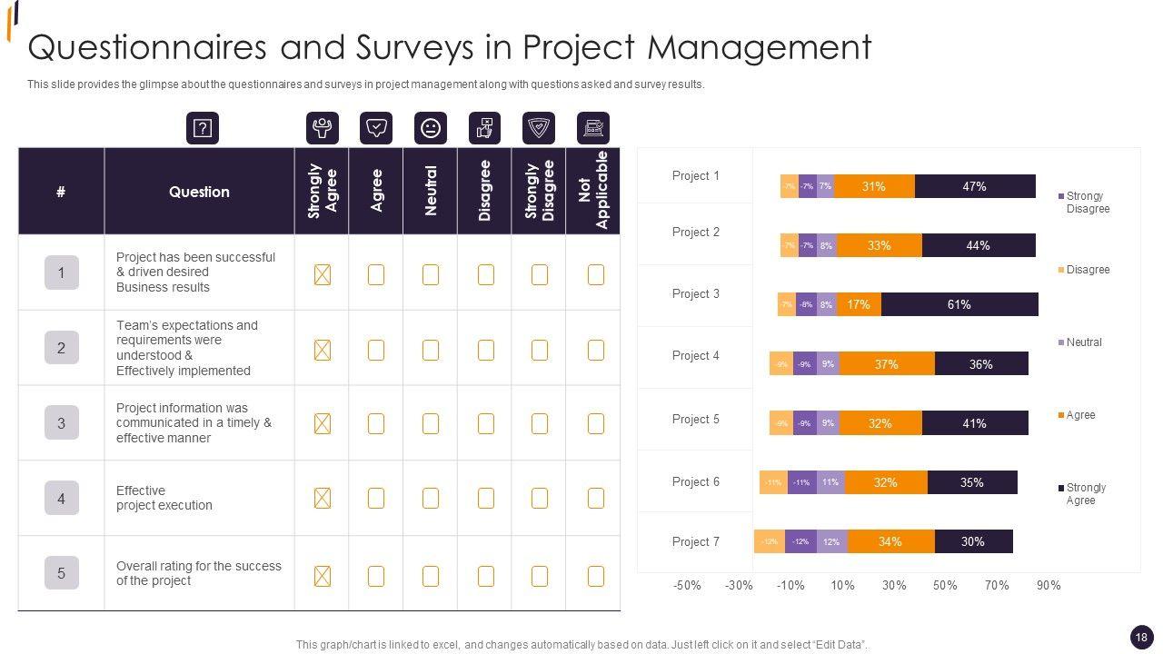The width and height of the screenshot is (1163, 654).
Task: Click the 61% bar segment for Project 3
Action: pyautogui.click(x=959, y=304)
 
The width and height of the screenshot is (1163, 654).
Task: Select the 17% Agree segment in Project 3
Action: pyautogui.click(x=859, y=304)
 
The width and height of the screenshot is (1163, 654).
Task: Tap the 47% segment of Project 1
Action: pyautogui.click(x=974, y=186)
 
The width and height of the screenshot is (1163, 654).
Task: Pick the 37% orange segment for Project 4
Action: pyautogui.click(x=886, y=364)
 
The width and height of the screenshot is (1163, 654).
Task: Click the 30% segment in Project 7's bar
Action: pyautogui.click(x=973, y=541)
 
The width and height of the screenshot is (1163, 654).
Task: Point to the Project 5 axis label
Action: pyautogui.click(x=695, y=419)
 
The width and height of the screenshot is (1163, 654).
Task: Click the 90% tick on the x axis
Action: pyautogui.click(x=1049, y=586)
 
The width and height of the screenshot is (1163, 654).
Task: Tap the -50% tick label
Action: pyautogui.click(x=687, y=586)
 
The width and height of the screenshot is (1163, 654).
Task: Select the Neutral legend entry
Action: pyautogui.click(x=1083, y=342)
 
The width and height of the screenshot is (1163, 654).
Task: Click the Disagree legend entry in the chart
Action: pyautogui.click(x=1087, y=270)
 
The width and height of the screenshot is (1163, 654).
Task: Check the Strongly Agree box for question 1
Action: pyautogui.click(x=322, y=274)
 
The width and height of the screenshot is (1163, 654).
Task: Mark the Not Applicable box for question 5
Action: pyautogui.click(x=596, y=576)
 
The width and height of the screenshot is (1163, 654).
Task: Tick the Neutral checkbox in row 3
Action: pyautogui.click(x=431, y=423)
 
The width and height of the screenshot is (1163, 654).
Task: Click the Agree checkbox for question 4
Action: pyautogui.click(x=376, y=498)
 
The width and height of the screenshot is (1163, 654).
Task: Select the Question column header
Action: pyautogui.click(x=199, y=192)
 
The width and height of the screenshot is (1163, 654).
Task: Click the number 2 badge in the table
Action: pyautogui.click(x=62, y=348)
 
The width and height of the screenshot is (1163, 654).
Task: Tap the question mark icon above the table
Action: pyautogui.click(x=203, y=128)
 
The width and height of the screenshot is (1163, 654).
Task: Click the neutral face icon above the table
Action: pyautogui.click(x=431, y=128)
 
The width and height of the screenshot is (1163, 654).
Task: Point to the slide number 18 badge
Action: pyautogui.click(x=1141, y=637)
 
